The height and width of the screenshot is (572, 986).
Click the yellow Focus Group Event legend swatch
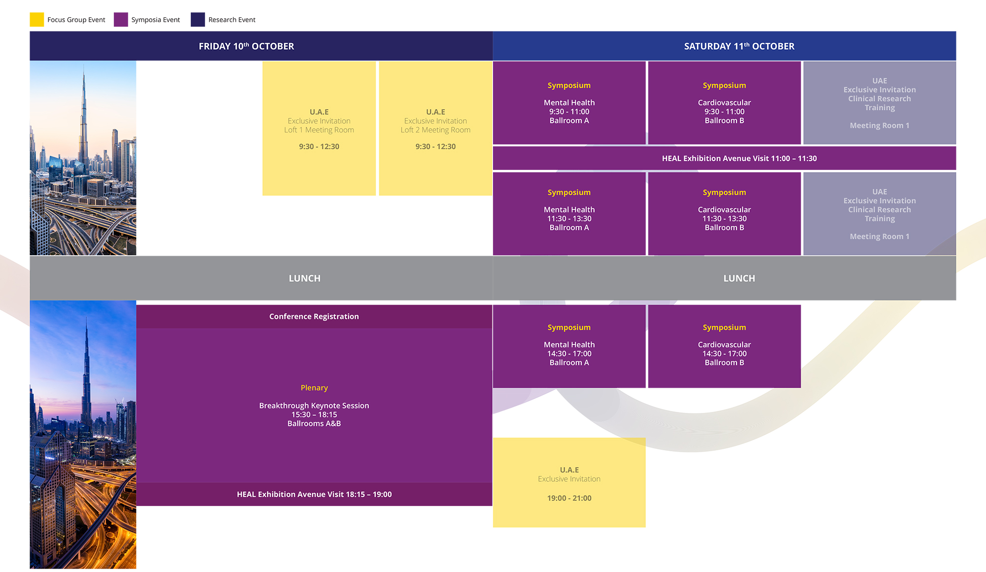(x=37, y=20)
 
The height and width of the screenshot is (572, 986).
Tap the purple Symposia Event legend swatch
(x=121, y=20)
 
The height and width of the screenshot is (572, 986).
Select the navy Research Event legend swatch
(x=198, y=20)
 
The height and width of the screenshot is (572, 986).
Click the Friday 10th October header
(x=246, y=46)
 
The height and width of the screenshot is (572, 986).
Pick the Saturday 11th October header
(x=739, y=46)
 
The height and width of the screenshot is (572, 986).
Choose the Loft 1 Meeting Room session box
(x=319, y=129)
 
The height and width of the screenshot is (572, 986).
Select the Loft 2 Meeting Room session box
(x=435, y=129)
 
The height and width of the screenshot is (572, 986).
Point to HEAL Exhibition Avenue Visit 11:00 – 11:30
(x=739, y=159)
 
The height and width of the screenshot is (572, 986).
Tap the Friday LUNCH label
(x=304, y=278)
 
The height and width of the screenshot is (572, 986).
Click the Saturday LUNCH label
(x=739, y=278)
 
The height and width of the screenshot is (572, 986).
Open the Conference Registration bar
(x=314, y=317)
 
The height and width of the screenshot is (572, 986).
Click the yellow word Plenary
(x=314, y=388)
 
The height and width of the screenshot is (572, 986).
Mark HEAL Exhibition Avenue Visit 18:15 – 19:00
(x=314, y=494)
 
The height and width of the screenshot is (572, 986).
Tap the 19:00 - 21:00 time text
(x=569, y=498)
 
